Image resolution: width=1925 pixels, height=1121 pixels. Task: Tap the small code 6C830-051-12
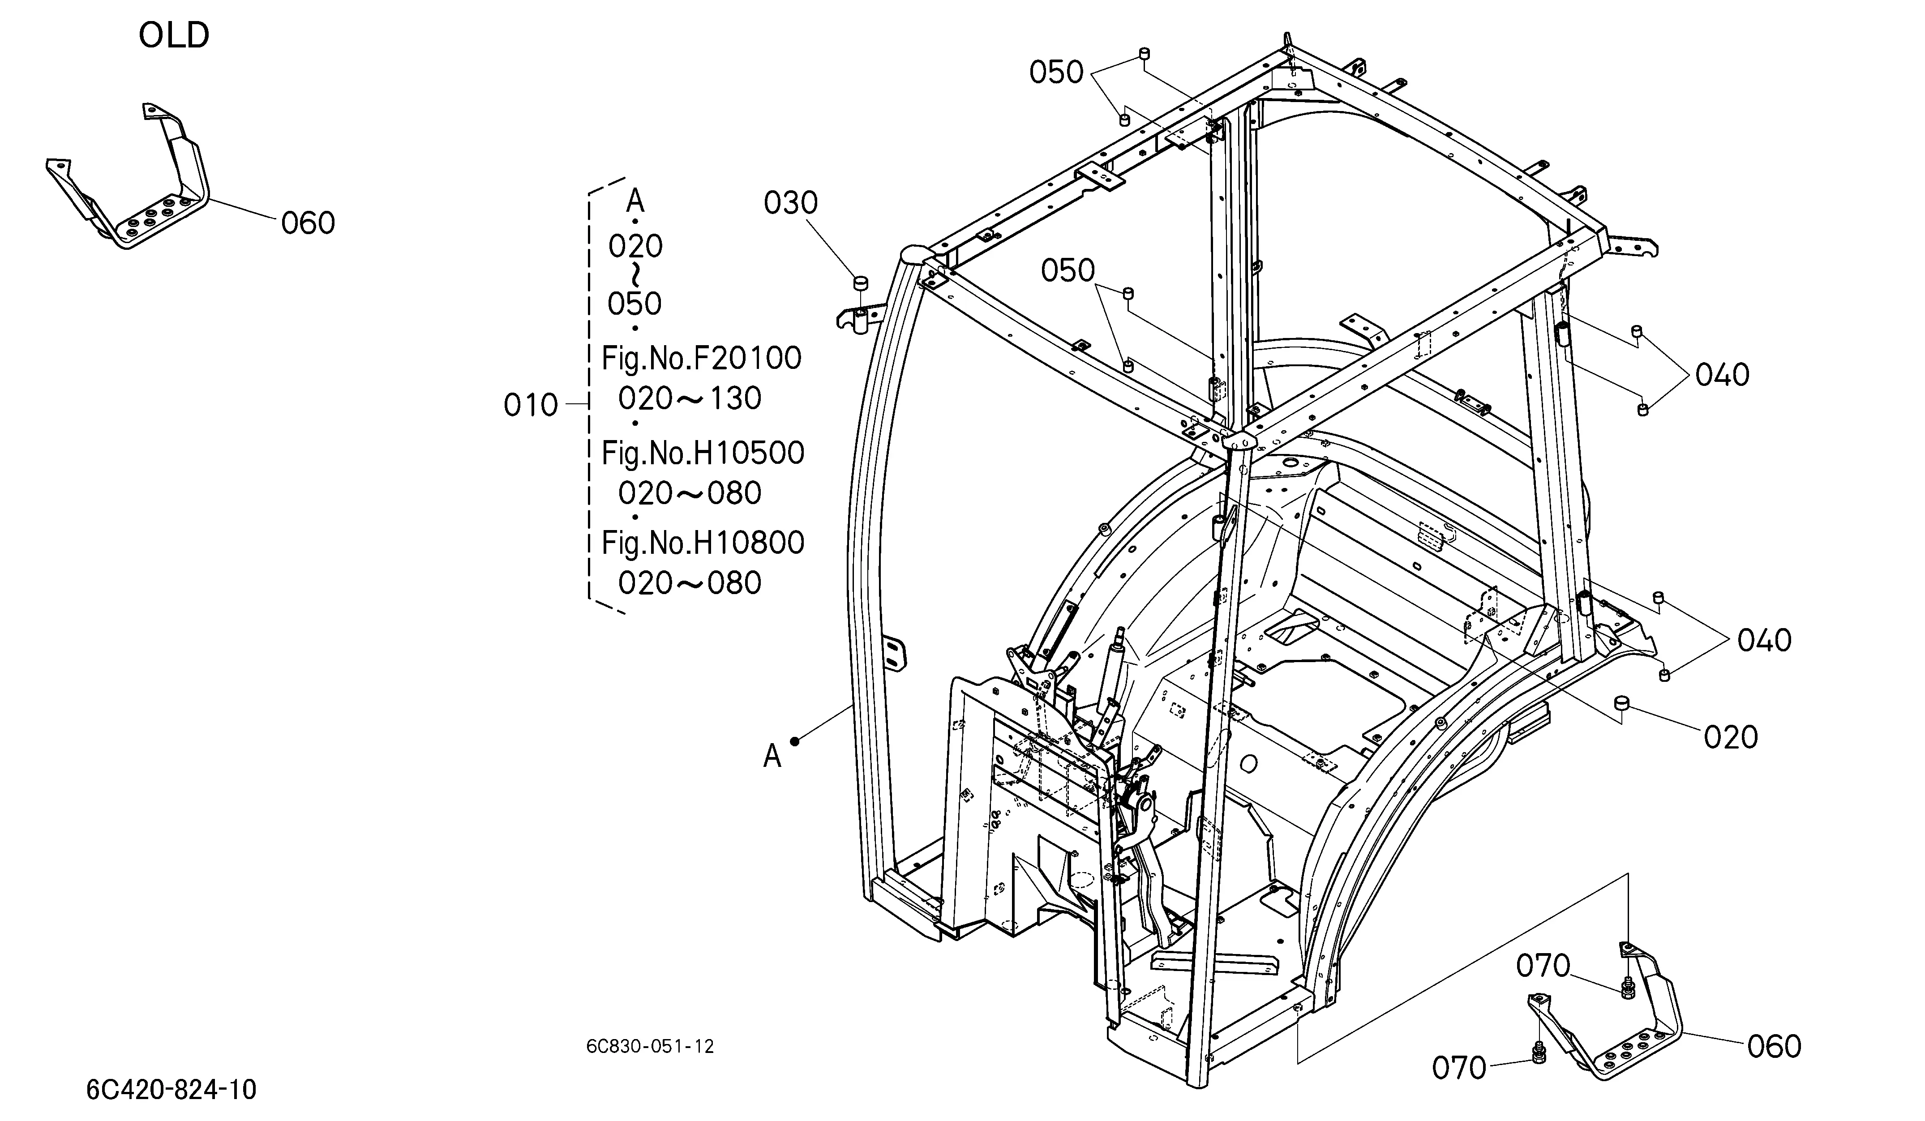point(650,1046)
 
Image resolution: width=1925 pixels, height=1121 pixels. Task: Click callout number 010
point(531,405)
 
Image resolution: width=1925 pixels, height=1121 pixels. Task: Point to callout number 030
point(791,203)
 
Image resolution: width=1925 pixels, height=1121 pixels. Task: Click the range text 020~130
point(690,398)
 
